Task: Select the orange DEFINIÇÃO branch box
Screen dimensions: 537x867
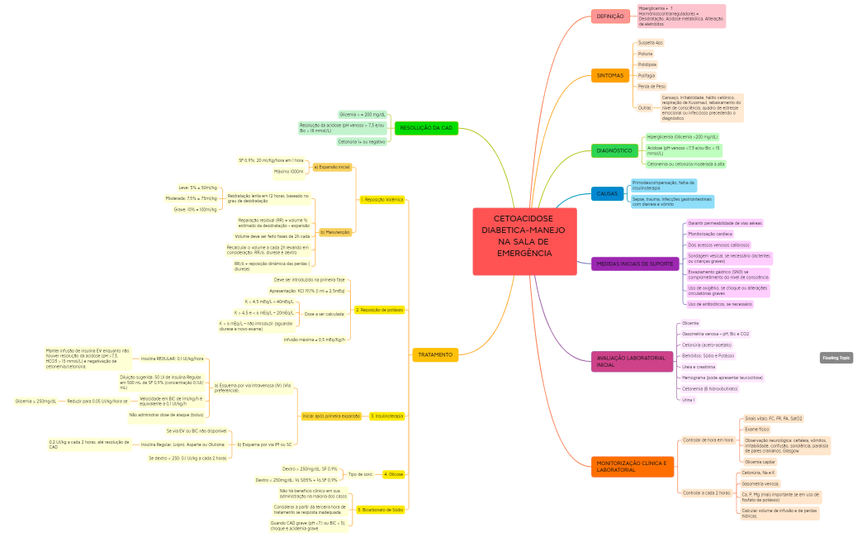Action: point(610,17)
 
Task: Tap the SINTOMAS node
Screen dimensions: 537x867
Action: point(610,75)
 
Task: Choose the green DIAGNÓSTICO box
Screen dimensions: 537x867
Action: point(614,150)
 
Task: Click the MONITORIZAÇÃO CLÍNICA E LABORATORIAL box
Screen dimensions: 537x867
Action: point(632,466)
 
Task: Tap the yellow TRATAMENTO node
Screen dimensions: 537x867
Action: point(435,354)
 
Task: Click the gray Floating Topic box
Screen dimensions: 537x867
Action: point(836,358)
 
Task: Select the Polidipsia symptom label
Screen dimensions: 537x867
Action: point(647,64)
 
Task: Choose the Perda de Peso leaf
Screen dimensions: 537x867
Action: point(651,86)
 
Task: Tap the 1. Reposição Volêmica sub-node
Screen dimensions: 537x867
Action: point(382,200)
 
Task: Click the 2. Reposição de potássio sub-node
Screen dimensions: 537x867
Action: point(380,310)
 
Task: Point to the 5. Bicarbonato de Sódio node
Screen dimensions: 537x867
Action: point(381,510)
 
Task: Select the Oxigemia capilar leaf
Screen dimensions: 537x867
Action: point(760,462)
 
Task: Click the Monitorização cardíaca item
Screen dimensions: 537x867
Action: point(710,234)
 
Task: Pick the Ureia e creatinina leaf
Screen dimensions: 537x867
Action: point(699,366)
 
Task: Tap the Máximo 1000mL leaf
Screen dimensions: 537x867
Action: point(289,172)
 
